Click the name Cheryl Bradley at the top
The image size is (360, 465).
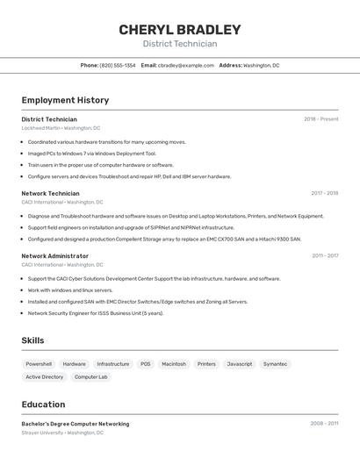(x=179, y=30)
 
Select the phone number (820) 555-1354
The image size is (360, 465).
(x=118, y=65)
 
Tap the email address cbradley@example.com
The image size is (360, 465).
(x=186, y=65)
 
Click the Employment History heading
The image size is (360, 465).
(x=65, y=100)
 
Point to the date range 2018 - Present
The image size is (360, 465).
(x=320, y=119)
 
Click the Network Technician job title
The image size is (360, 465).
(x=50, y=193)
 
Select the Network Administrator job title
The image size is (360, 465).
(x=54, y=256)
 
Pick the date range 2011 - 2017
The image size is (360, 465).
(x=325, y=256)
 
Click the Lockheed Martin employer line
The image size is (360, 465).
(x=61, y=128)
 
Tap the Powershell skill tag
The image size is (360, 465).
(x=39, y=363)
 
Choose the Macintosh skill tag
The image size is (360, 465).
(x=174, y=363)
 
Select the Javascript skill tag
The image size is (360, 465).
(x=239, y=363)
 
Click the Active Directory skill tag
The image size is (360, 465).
(x=44, y=377)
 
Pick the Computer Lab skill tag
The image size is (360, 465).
(x=90, y=377)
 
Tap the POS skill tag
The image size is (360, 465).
(x=145, y=363)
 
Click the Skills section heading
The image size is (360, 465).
(x=32, y=340)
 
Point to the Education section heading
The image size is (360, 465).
(x=43, y=404)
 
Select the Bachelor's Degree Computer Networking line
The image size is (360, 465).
(x=75, y=424)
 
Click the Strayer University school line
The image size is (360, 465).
(x=61, y=433)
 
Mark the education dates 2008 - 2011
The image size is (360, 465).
(x=323, y=424)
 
